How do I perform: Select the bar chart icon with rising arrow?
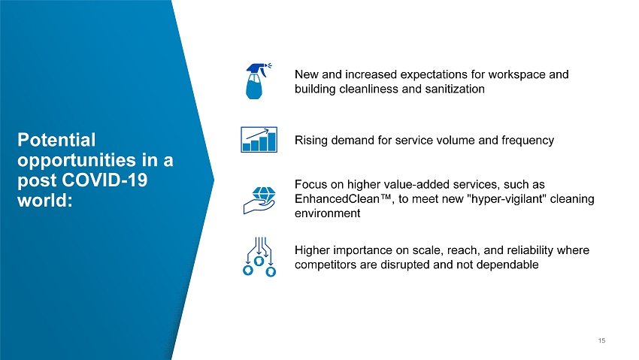[x=259, y=140]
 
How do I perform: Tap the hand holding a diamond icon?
[x=259, y=201]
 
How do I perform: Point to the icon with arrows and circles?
[x=259, y=257]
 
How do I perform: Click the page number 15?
[x=601, y=340]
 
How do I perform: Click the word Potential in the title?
[x=56, y=140]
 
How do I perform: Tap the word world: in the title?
[x=45, y=200]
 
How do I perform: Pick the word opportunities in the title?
[x=76, y=161]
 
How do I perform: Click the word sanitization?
[x=454, y=89]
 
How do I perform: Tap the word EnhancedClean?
[x=337, y=199]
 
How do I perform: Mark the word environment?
[x=327, y=213]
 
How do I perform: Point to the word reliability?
[x=528, y=250]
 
